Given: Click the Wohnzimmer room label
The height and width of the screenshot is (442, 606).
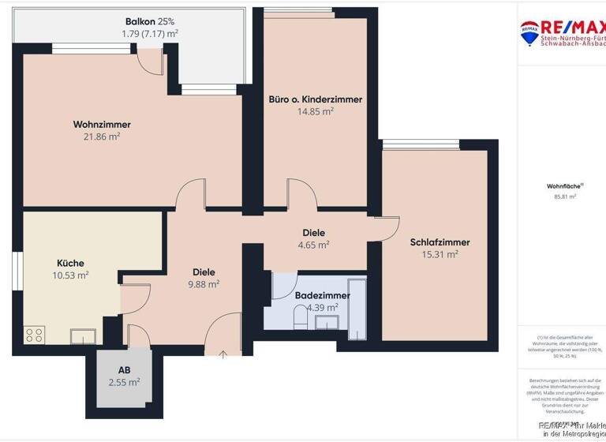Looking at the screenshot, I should tap(102, 125).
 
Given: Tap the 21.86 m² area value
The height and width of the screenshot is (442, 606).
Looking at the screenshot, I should tap(102, 137).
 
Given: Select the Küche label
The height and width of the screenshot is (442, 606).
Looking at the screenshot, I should tap(70, 263).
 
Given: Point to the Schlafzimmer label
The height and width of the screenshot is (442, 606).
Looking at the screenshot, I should tap(440, 242).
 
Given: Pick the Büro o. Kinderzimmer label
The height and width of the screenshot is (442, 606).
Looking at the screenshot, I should tap(316, 99).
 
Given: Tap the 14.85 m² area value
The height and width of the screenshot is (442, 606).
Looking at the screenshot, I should tap(316, 111).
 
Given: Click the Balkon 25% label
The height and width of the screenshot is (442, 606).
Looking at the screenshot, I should tap(149, 21).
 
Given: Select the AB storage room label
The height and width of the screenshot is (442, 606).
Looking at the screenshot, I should tap(124, 369).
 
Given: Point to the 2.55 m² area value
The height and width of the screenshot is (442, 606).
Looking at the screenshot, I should tap(124, 381).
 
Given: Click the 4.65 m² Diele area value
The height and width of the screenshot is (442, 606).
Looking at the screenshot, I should tap(313, 245).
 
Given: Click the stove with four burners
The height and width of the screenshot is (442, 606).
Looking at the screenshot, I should tap(35, 335).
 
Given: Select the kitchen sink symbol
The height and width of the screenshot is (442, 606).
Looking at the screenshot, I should tap(83, 336).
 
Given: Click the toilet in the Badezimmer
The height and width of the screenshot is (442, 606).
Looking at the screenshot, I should tap(300, 318).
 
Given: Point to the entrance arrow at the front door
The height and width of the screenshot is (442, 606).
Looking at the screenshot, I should tap(223, 354).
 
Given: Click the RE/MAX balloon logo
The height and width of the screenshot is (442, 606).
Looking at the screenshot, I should tap(529, 32).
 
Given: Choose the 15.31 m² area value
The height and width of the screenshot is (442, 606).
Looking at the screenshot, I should tap(440, 254).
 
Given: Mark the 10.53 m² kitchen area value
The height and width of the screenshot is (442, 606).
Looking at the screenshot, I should tap(70, 275).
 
